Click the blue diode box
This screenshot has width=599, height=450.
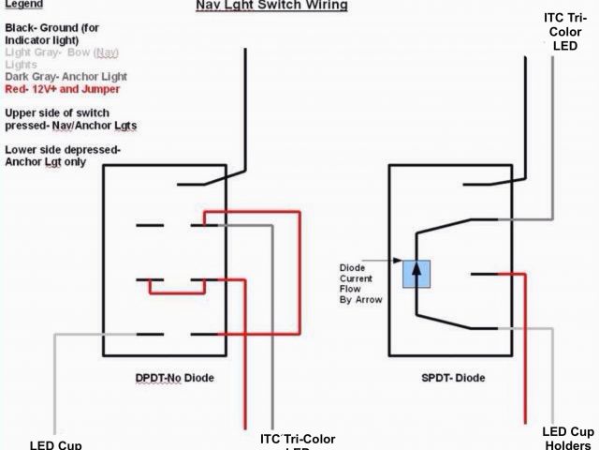pos(416,272)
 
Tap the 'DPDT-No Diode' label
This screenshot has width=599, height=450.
pos(176,377)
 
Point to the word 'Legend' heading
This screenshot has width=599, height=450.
pos(23,5)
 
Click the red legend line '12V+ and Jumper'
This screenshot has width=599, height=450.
pos(62,89)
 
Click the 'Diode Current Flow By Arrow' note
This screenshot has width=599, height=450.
pos(356,284)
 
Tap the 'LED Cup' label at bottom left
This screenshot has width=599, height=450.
pos(56,444)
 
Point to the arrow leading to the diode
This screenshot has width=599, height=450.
pos(384,262)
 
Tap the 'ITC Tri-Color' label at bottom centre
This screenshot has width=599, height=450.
pos(297,440)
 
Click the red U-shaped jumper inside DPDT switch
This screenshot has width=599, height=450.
pos(177,291)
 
